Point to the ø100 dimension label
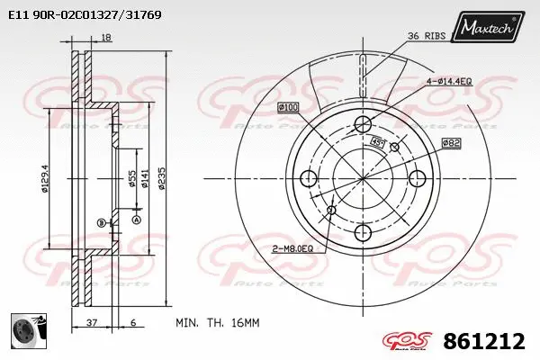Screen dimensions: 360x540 (288, 108)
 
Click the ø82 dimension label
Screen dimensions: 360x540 (452, 142)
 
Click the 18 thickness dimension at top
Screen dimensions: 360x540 (107, 37)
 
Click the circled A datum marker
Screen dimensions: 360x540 (137, 219)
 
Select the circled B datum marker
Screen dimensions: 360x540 (102, 222)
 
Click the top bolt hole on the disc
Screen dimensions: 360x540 (363, 124)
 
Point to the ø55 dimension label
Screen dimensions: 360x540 (131, 178)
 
